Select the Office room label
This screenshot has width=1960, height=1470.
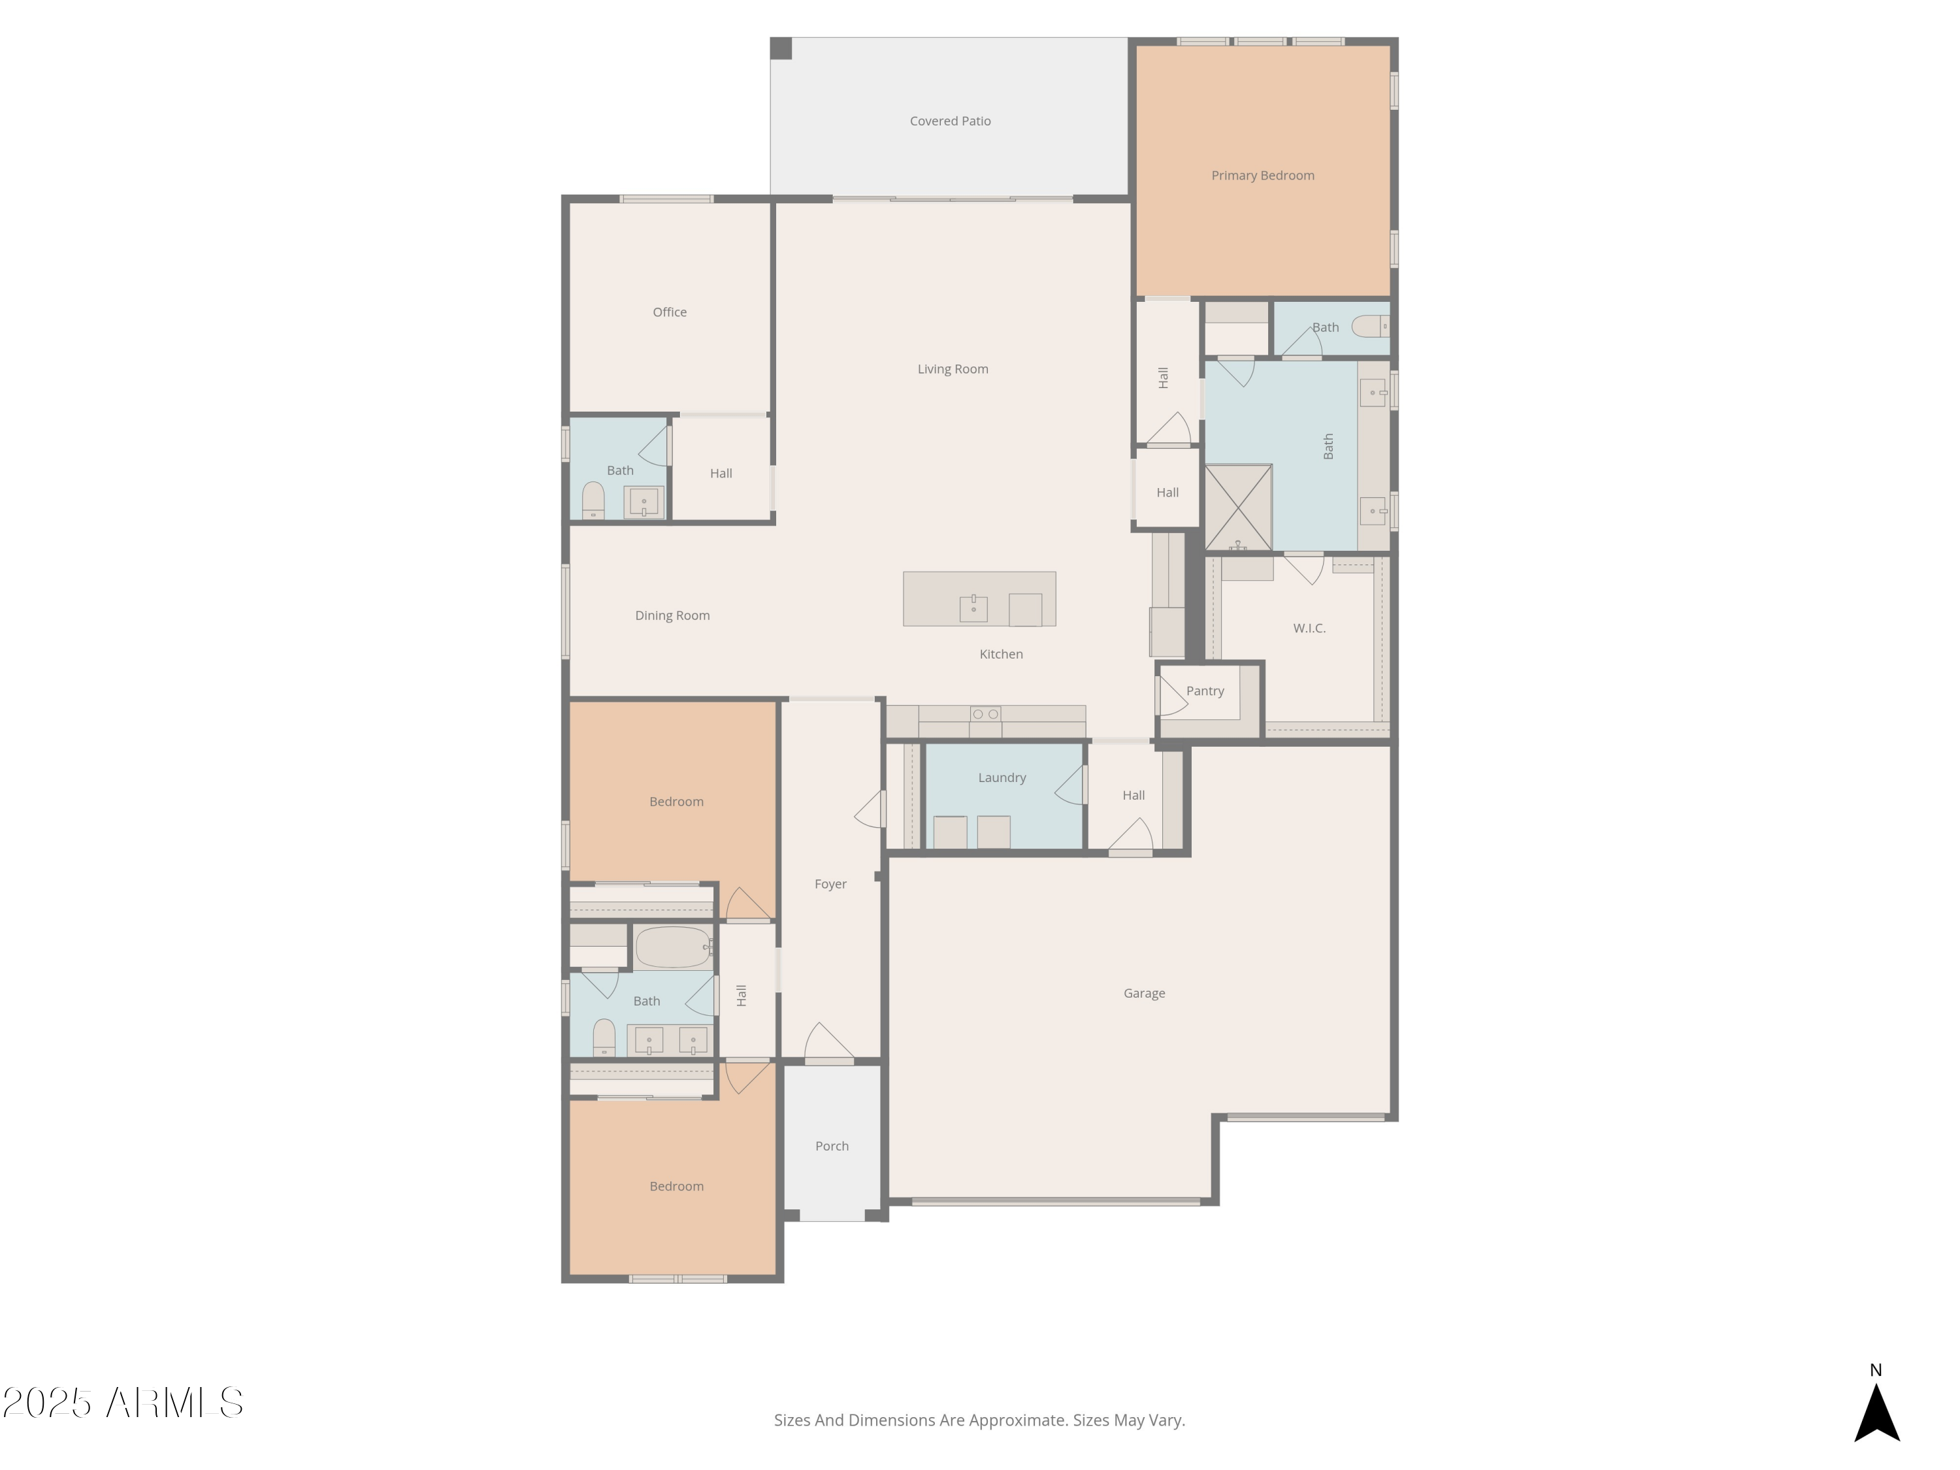point(669,312)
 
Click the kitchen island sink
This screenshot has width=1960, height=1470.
point(973,609)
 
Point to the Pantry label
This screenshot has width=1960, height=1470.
point(1204,691)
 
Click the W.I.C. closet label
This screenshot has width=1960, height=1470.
point(1308,629)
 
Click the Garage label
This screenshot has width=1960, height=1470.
point(1143,993)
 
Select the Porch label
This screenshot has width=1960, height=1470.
point(831,1146)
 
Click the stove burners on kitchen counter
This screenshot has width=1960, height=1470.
point(985,714)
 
